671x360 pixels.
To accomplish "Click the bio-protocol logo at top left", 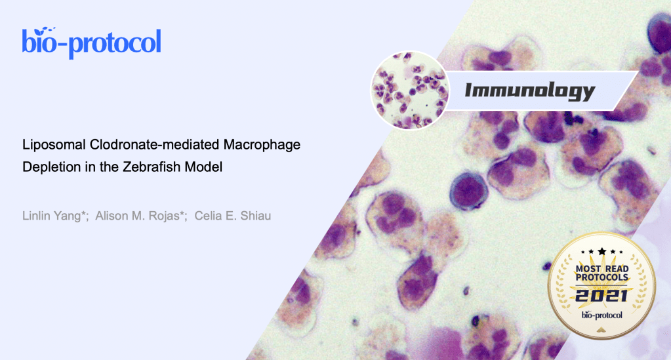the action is [92, 43].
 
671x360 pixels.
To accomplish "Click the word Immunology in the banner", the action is [530, 91].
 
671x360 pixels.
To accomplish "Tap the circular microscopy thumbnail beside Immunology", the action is [410, 90].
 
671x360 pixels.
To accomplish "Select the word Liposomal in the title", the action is [54, 145].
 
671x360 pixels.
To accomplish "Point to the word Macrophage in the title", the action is [262, 145].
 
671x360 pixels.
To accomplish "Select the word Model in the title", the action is [204, 167].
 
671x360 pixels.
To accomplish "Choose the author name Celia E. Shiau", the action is [232, 216].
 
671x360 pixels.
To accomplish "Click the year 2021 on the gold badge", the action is [601, 295].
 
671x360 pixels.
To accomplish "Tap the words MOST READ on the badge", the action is [601, 269].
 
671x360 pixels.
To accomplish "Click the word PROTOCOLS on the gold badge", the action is [601, 277].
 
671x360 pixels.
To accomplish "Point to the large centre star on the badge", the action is [601, 251].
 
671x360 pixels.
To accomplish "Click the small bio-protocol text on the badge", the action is [601, 315].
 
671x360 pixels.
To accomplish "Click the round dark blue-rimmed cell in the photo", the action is [468, 190].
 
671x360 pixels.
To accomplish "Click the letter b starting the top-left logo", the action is [28, 41].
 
